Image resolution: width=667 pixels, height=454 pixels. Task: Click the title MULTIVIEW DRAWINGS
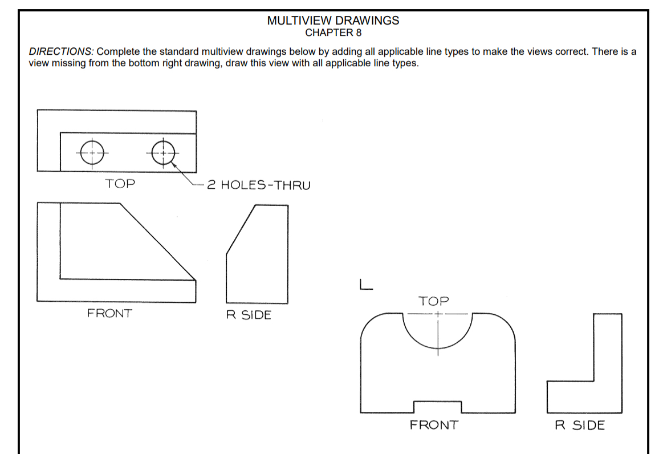(333, 21)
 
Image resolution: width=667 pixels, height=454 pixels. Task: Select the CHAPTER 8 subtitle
(333, 33)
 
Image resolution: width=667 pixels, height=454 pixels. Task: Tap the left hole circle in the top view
(92, 152)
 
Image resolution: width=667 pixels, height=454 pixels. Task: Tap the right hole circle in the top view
(164, 152)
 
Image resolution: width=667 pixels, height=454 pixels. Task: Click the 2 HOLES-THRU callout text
(258, 185)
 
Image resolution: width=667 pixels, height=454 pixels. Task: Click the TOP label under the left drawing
(120, 184)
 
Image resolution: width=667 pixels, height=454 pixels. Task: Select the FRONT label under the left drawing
(109, 313)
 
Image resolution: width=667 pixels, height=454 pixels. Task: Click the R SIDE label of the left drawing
(249, 315)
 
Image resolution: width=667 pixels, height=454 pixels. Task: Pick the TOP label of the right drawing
(433, 301)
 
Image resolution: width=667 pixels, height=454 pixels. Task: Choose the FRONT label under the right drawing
(433, 425)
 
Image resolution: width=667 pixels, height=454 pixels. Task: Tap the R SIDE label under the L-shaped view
(580, 425)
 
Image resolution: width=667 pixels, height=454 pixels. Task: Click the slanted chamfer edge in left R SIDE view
(240, 229)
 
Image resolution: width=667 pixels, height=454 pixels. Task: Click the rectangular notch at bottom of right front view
(437, 406)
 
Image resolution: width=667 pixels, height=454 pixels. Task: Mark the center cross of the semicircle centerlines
(438, 314)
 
